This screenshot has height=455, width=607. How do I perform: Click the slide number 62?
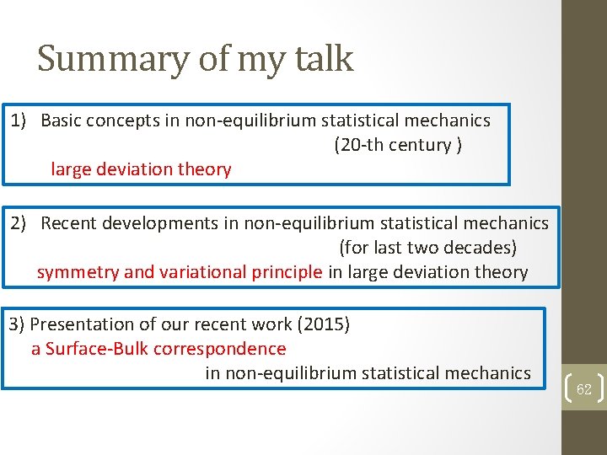point(583,388)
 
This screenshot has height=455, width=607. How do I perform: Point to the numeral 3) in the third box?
point(17,324)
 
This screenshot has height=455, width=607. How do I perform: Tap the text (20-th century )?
point(398,145)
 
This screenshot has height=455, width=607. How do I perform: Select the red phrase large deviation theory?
point(141,169)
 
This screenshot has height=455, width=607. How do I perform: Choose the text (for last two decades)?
point(427,248)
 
